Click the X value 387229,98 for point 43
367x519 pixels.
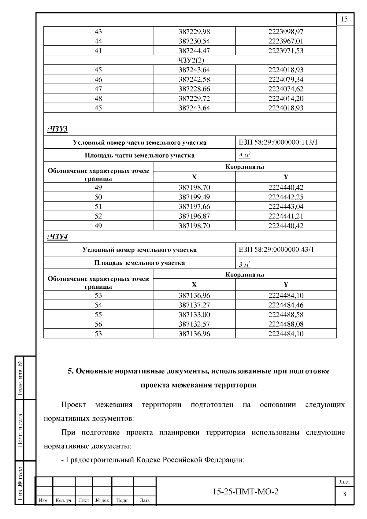coord(194,32)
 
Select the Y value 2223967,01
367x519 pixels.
coord(286,41)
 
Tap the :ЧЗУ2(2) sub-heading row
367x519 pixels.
coord(190,60)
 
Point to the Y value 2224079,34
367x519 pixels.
coord(286,80)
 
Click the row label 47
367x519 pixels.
coord(98,89)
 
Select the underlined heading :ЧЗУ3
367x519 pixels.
coord(57,129)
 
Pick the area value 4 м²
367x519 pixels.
coord(244,155)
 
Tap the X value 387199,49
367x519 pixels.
coord(194,197)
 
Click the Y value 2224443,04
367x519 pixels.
coord(286,206)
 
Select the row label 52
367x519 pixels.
coord(98,216)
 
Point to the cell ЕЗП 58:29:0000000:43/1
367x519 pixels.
coord(276,250)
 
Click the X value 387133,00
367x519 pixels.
coord(194,315)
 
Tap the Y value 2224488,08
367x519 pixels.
coord(286,324)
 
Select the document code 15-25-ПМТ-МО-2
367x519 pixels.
coord(245,492)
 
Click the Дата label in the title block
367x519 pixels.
coord(144,501)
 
